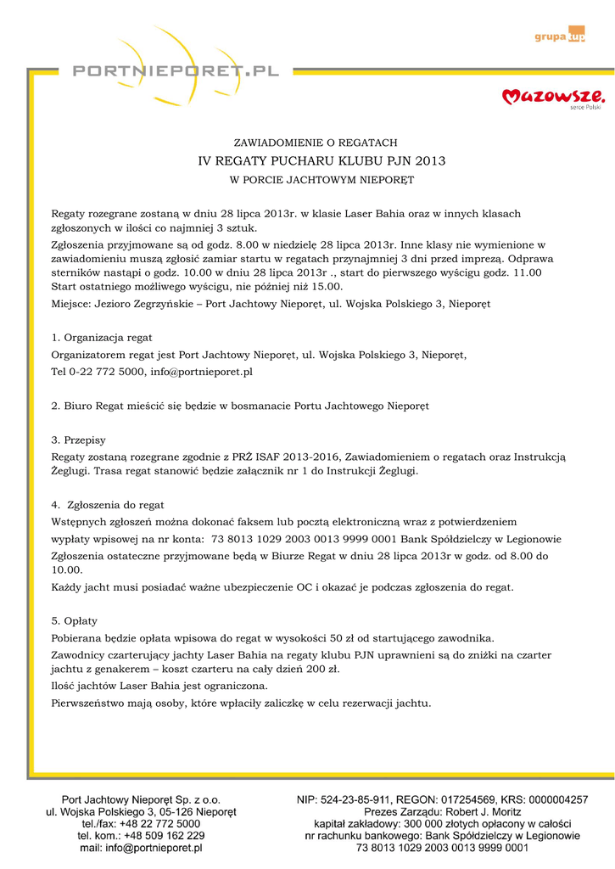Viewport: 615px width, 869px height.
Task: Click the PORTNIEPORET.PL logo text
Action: click(176, 73)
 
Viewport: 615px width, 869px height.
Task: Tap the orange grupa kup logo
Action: click(560, 36)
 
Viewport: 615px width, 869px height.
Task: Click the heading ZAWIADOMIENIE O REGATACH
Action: click(316, 143)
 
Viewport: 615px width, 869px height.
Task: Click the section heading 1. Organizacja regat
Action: click(102, 338)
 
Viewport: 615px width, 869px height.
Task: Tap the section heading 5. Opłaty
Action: click(75, 621)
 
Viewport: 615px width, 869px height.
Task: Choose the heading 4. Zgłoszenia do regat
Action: click(108, 505)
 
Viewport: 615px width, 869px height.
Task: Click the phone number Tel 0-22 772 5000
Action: click(98, 372)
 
